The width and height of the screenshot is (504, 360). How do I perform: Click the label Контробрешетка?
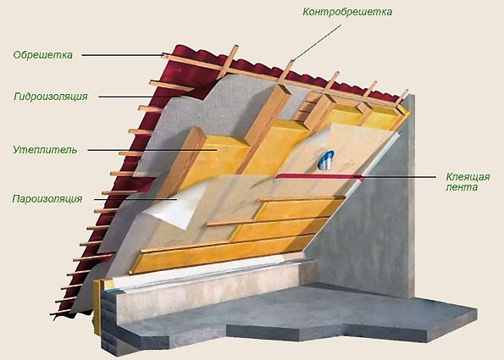click(x=347, y=12)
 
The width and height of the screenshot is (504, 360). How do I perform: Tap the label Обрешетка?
click(x=42, y=55)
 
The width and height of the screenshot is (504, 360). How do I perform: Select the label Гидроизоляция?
click(x=51, y=97)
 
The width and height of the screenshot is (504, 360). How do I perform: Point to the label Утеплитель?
click(x=45, y=150)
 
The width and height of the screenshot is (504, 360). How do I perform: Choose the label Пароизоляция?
click(x=47, y=199)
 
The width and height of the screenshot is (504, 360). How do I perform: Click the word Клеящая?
click(x=468, y=177)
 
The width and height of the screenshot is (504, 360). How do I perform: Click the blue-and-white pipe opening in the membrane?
click(x=326, y=160)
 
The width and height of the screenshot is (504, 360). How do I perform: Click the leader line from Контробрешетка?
click(x=316, y=42)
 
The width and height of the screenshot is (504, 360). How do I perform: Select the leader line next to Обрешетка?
click(x=123, y=55)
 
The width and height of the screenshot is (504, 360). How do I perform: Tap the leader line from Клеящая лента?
click(x=398, y=176)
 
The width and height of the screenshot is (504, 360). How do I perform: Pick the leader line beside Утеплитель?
click(x=152, y=150)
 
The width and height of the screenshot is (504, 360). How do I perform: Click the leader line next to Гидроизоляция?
click(x=140, y=97)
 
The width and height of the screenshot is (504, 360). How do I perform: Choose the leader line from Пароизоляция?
click(x=136, y=199)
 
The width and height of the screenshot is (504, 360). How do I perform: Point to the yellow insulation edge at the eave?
click(x=97, y=305)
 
